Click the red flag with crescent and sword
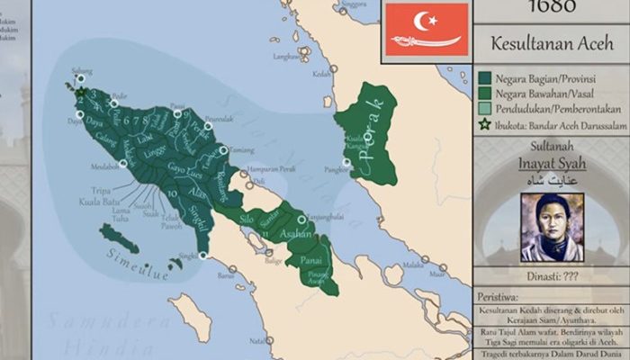click(427, 29)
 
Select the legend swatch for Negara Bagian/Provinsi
click(484, 78)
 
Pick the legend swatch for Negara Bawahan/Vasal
click(484, 94)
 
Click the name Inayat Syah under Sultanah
click(551, 164)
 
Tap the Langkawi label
click(285, 55)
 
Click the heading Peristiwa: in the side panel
click(498, 296)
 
